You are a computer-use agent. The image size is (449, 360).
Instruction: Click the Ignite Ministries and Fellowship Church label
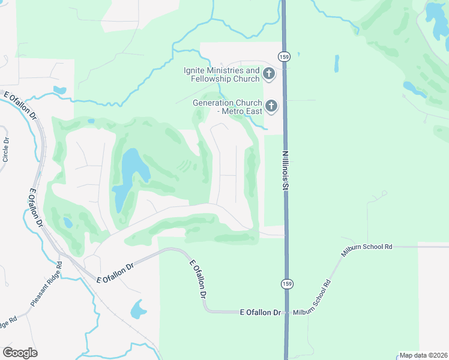coord(221,75)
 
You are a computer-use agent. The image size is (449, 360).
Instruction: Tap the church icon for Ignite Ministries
coord(268,75)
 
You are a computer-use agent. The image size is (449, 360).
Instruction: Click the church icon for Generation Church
coord(271,107)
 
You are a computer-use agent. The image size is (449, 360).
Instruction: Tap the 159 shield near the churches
coord(284,56)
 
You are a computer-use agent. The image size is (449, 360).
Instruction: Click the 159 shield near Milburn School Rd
coord(287,283)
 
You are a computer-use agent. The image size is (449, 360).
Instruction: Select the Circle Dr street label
coord(6,150)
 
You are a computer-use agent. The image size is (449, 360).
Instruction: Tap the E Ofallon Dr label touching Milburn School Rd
coord(261,313)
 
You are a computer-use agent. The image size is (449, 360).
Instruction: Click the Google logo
coord(20,353)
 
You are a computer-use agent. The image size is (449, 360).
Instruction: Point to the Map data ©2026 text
coord(423,355)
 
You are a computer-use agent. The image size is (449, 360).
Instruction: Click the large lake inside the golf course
coord(131,174)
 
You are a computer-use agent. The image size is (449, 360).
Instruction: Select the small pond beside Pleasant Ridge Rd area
coord(138,310)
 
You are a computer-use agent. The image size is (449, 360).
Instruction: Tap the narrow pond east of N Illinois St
coord(336,64)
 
